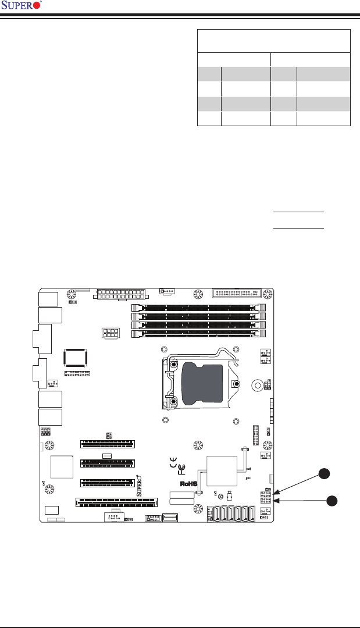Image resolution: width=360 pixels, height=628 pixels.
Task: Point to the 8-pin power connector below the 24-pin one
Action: pyautogui.click(x=110, y=334)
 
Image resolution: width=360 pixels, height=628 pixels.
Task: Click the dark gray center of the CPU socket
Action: pyautogui.click(x=202, y=383)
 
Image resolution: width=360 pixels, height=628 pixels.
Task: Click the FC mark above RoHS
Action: pyautogui.click(x=181, y=469)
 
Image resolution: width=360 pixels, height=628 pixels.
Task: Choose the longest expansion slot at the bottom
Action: pyautogui.click(x=117, y=501)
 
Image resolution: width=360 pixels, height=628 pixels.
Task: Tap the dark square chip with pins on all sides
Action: pyautogui.click(x=76, y=359)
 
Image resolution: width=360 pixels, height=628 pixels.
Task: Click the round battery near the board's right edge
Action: pyautogui.click(x=258, y=385)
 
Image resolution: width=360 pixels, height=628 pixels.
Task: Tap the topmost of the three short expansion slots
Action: pyautogui.click(x=108, y=444)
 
